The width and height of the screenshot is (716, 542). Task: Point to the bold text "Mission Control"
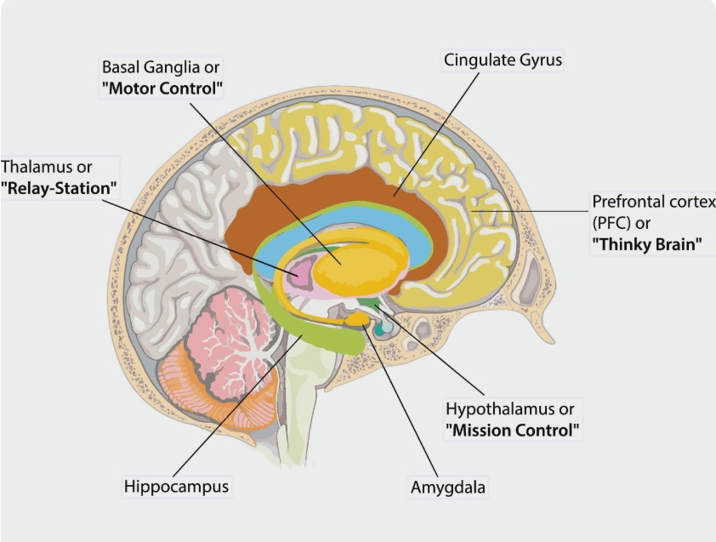(513, 429)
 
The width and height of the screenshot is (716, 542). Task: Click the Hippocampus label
(176, 487)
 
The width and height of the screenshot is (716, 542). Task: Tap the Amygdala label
(448, 488)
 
